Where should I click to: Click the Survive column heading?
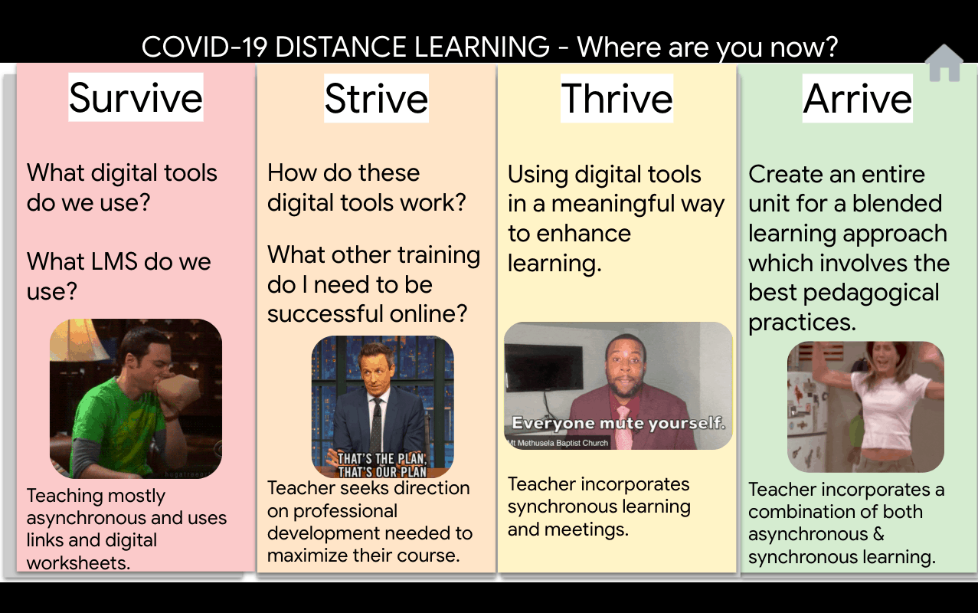coord(136,97)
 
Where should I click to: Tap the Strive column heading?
coord(376,98)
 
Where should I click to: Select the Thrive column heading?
coord(617,98)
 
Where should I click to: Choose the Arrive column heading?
coord(858,98)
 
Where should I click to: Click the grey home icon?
coord(944,63)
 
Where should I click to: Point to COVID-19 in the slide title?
coord(204,47)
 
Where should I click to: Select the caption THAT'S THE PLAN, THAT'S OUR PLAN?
coord(382,465)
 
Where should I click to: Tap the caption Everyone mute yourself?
coord(619,423)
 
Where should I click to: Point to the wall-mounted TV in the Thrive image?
coord(543,367)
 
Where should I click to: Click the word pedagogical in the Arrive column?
coord(871,293)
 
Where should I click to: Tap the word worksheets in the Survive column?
coord(78,562)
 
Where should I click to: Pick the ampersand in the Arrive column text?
coord(878,534)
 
